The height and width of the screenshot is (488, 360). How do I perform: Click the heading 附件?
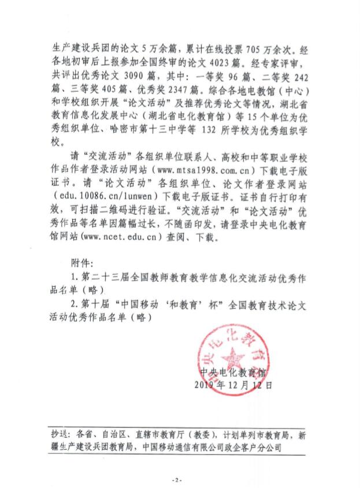pos(76,262)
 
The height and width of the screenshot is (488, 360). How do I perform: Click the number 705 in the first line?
pos(223,51)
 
